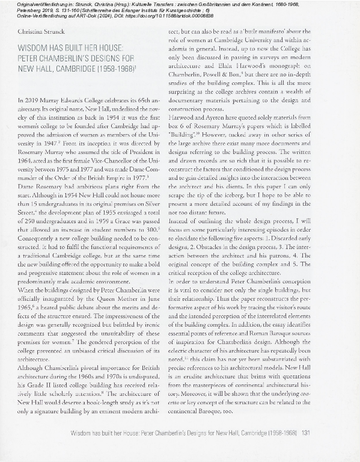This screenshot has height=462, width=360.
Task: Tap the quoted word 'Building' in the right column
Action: pos(210,135)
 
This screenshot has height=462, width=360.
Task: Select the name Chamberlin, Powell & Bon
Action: pos(219,73)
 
